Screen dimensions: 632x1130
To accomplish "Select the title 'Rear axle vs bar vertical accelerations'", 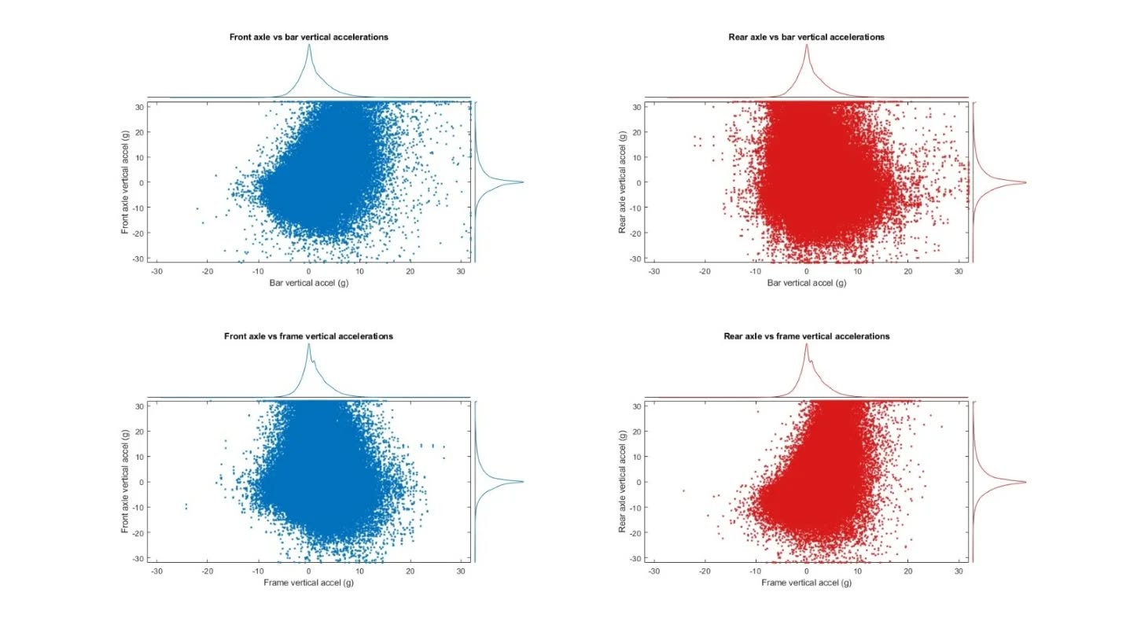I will point(806,37).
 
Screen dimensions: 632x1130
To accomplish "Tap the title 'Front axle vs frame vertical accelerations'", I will point(308,336).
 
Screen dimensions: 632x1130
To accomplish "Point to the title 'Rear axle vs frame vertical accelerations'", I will point(806,336).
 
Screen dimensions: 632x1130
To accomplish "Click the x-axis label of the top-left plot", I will point(309,283).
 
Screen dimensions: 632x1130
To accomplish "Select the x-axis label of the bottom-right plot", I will point(807,582).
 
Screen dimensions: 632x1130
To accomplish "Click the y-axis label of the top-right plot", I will point(623,182).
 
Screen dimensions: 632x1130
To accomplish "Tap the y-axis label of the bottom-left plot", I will point(125,482).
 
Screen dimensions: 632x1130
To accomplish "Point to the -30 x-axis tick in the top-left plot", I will point(156,271).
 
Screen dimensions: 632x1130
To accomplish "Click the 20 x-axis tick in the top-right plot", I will point(907,271).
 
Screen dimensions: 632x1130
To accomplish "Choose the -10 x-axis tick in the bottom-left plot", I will point(258,571).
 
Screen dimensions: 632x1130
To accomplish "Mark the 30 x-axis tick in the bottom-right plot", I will point(959,571).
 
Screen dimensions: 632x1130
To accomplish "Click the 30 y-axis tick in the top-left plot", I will point(140,107).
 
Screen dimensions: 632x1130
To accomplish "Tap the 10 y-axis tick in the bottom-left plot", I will point(140,457).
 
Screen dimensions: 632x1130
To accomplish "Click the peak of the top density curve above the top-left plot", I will point(309,44).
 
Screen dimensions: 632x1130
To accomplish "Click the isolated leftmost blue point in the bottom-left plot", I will point(186,505).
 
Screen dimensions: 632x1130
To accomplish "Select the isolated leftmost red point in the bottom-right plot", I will point(683,491).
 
